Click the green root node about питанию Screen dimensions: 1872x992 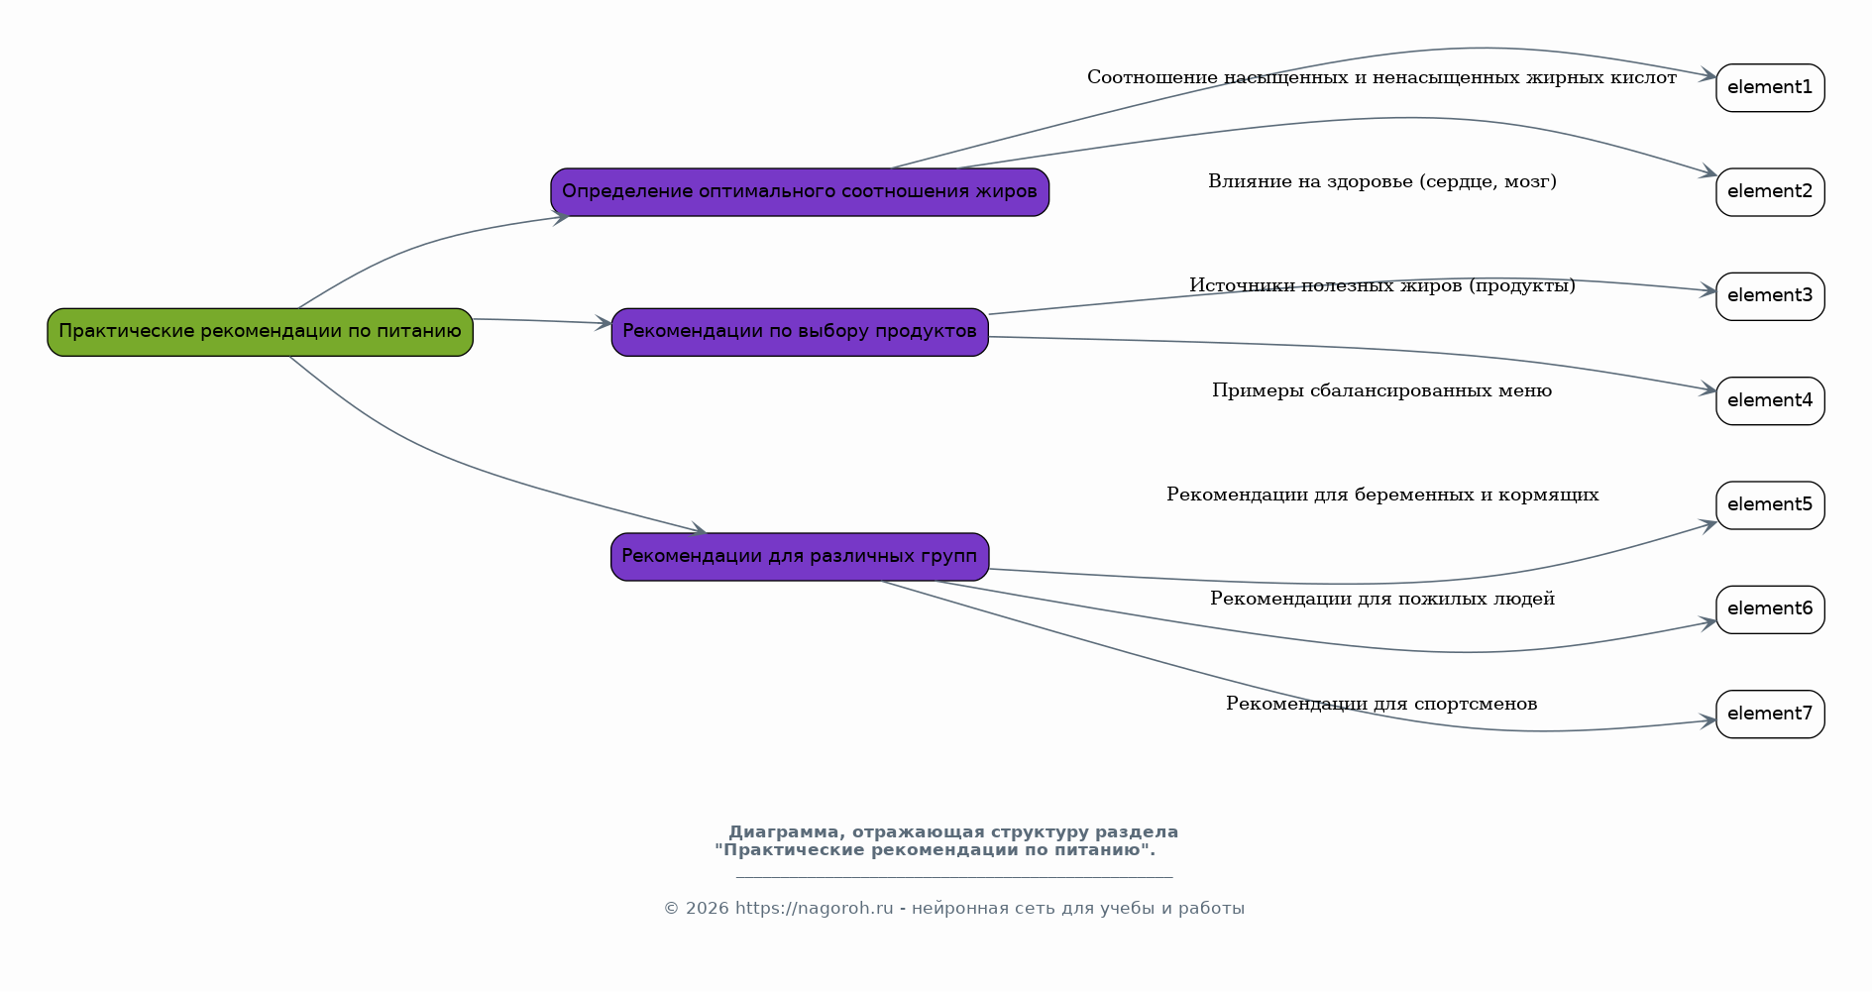pyautogui.click(x=261, y=332)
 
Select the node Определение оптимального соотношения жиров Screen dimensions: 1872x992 pyautogui.click(x=800, y=192)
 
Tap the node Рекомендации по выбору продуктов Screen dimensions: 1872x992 pyautogui.click(x=800, y=332)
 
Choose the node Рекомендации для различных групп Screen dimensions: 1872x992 pyautogui.click(x=800, y=557)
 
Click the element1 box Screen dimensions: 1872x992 pyautogui.click(x=1770, y=88)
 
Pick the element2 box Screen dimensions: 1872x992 pyautogui.click(x=1770, y=192)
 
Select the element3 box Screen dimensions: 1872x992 pyautogui.click(x=1770, y=296)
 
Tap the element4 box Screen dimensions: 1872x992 pyautogui.click(x=1770, y=401)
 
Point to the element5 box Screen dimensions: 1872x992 pyautogui.click(x=1770, y=505)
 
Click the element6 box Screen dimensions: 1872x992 pyautogui.click(x=1770, y=609)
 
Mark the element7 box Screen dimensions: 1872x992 pyautogui.click(x=1770, y=715)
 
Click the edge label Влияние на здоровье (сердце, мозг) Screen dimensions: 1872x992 pyautogui.click(x=1382, y=182)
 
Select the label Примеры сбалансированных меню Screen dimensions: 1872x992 pyautogui.click(x=1382, y=390)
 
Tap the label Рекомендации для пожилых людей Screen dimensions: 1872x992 pyautogui.click(x=1382, y=599)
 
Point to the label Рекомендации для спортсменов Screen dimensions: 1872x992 pyautogui.click(x=1381, y=704)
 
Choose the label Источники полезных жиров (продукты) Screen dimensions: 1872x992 pyautogui.click(x=1382, y=285)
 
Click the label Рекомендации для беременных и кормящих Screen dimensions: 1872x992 pyautogui.click(x=1382, y=495)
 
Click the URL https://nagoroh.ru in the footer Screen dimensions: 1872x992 pyautogui.click(x=815, y=909)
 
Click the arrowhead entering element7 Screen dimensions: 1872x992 pyautogui.click(x=1708, y=721)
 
